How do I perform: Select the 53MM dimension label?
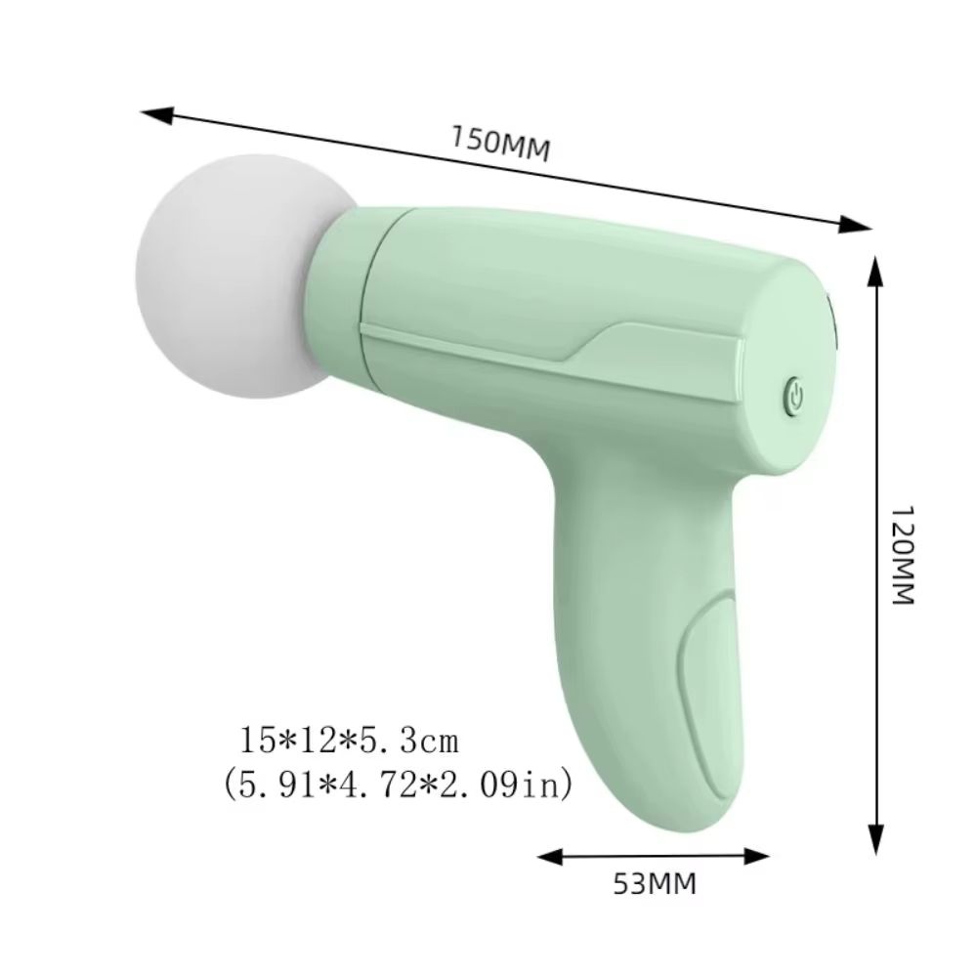click(654, 884)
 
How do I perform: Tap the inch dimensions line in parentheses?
click(397, 785)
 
